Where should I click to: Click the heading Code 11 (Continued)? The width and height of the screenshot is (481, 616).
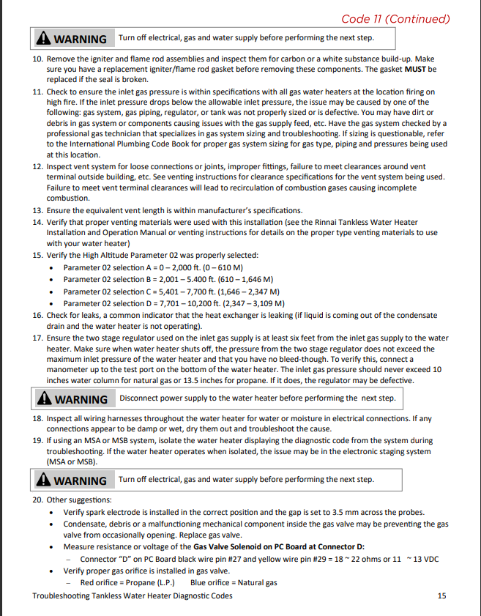[395, 18]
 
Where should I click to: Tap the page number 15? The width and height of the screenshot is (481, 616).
[441, 596]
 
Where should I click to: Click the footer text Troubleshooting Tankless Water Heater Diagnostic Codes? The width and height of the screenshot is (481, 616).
[133, 596]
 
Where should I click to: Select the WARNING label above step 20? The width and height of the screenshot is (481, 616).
[81, 480]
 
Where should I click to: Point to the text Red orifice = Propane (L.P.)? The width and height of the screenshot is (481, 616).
[127, 583]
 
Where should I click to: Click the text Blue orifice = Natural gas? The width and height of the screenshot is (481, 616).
[234, 583]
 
